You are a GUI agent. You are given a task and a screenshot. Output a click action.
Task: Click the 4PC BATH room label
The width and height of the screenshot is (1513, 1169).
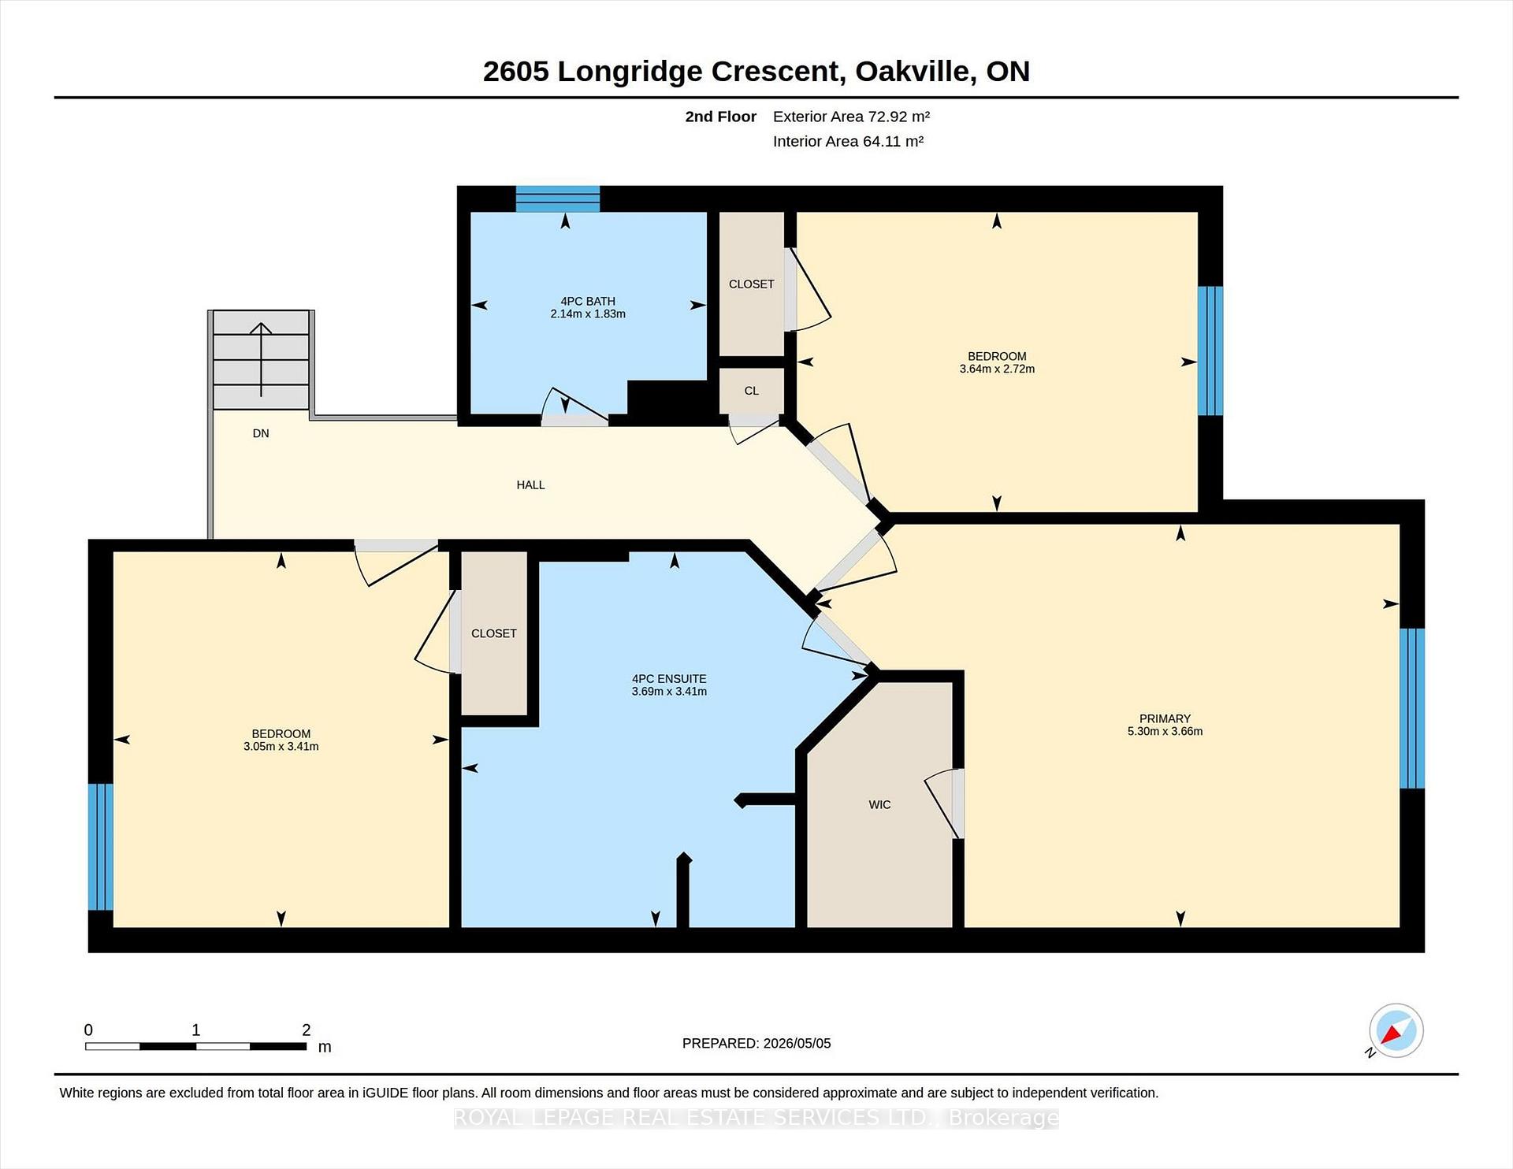click(588, 301)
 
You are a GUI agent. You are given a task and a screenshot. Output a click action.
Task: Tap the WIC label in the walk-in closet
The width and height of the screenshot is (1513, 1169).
click(879, 804)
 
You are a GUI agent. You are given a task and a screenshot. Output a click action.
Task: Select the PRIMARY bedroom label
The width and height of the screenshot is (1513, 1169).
click(1165, 718)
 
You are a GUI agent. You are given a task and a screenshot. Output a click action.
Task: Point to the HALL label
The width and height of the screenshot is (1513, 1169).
click(530, 485)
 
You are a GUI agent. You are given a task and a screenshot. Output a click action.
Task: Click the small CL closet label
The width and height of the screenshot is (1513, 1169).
click(752, 391)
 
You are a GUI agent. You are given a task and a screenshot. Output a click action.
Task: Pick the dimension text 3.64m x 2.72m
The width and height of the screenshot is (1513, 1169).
click(997, 369)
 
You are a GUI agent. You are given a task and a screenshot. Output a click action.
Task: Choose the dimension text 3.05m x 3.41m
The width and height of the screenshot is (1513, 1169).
click(281, 747)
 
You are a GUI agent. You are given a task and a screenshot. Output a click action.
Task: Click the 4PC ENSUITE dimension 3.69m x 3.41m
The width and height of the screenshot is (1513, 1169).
click(669, 692)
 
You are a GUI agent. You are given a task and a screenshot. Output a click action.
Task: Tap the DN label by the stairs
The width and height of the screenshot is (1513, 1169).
click(261, 433)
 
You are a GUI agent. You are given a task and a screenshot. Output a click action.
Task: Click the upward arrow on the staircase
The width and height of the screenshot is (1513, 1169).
click(261, 359)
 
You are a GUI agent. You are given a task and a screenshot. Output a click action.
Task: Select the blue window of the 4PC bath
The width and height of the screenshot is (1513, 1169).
click(558, 199)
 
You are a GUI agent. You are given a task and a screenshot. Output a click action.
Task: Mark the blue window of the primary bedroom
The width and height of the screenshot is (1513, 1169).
click(1412, 708)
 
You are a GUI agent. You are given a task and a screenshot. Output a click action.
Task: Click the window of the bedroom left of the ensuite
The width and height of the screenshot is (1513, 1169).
click(101, 847)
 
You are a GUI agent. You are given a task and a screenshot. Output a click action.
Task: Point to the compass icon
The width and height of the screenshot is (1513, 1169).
click(1396, 1030)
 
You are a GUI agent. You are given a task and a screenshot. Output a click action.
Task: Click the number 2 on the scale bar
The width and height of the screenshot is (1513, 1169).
click(307, 1030)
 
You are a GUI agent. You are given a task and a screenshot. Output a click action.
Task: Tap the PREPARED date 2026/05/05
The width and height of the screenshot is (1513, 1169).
click(797, 1043)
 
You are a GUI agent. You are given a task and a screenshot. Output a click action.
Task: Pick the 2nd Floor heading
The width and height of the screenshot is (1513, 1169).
click(720, 117)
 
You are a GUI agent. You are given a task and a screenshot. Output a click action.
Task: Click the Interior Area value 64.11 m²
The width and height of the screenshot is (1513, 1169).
click(893, 141)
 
